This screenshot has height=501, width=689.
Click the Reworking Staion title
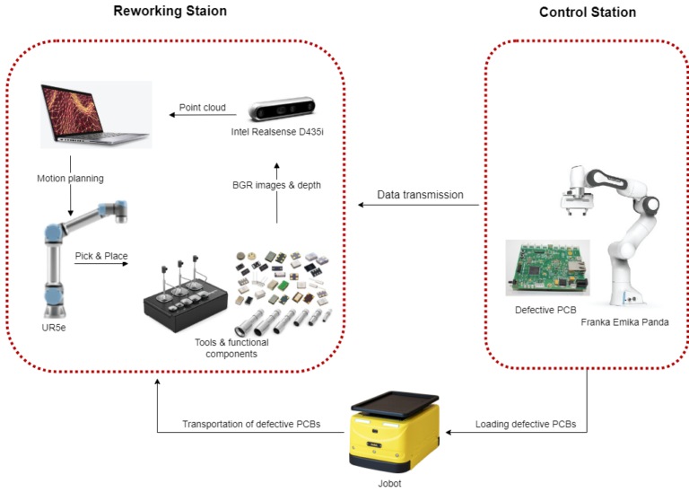(x=170, y=11)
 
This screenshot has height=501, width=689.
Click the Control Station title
(x=587, y=13)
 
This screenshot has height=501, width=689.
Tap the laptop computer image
(x=94, y=116)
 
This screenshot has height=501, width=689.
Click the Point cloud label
(x=201, y=109)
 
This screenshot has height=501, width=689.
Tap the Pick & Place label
(x=101, y=256)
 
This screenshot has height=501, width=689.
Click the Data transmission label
(x=419, y=194)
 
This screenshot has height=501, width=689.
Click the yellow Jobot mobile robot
(x=394, y=431)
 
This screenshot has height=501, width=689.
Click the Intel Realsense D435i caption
(x=280, y=133)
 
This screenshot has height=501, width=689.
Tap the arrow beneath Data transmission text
(x=418, y=206)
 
